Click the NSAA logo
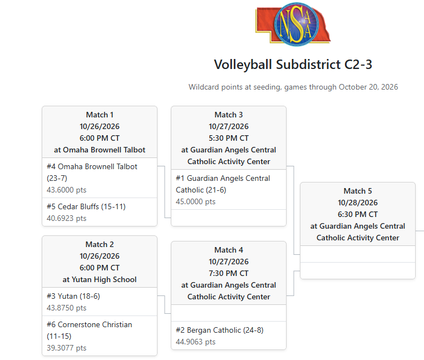click(293, 24)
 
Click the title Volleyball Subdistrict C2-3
click(293, 65)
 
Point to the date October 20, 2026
click(368, 87)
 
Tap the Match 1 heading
click(100, 115)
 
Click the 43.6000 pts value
click(67, 190)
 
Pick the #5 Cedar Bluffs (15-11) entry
click(86, 206)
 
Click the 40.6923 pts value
click(67, 218)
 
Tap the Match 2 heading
click(100, 244)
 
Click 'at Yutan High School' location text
click(100, 279)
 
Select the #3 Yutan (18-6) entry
click(73, 296)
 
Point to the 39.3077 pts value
click(67, 348)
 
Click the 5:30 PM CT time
click(229, 138)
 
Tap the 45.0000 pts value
click(195, 202)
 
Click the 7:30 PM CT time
click(229, 273)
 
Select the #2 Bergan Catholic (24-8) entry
click(220, 331)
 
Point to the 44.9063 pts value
click(195, 342)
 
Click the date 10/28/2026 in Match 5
click(357, 203)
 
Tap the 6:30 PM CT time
click(357, 214)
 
